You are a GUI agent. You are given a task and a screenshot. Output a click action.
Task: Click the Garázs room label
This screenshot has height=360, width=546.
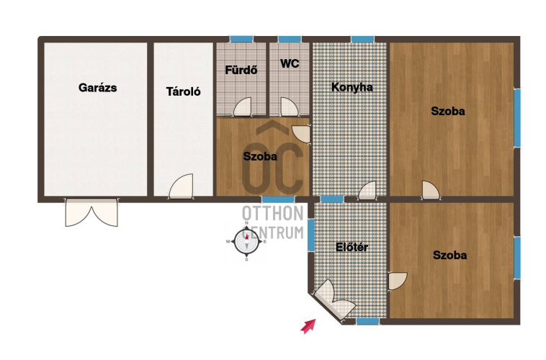[x=97, y=88]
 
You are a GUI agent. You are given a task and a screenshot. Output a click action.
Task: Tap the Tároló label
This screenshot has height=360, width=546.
[x=183, y=91]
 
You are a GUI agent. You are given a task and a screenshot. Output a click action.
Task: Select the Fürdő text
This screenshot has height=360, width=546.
[x=241, y=70]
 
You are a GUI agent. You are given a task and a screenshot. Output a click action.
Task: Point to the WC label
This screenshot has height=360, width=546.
[x=290, y=63]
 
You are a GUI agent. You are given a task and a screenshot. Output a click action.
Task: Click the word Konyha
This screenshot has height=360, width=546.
[x=352, y=87]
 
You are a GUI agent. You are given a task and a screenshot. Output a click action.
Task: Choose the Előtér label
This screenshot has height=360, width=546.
[x=352, y=247]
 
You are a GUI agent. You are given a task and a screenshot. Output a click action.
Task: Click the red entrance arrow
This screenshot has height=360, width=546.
[x=308, y=326]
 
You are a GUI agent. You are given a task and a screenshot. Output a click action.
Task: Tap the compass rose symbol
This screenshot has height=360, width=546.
[x=246, y=241]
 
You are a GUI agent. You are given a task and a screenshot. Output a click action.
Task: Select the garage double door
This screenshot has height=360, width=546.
[x=91, y=212]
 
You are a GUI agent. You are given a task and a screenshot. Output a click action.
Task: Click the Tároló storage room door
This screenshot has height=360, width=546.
[x=181, y=186]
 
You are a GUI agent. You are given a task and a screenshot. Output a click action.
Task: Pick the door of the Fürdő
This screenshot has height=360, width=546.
[x=242, y=107]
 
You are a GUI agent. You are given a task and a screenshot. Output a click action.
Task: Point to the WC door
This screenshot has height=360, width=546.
[x=290, y=107]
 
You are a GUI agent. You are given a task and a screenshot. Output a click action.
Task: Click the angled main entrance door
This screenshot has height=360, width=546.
[x=334, y=299]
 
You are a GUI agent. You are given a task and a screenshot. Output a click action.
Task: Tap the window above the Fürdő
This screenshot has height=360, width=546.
[x=241, y=39]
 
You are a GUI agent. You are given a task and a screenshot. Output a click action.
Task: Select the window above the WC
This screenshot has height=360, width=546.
[x=290, y=39]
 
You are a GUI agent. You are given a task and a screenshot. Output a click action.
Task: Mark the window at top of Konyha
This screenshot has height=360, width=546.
[x=362, y=39]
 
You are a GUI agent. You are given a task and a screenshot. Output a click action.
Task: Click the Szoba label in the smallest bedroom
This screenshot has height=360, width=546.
[x=260, y=156]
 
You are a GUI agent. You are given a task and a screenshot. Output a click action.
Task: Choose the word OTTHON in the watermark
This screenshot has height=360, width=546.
[x=273, y=213]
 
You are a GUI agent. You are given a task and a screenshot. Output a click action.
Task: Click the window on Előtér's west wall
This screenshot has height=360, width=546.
[x=311, y=235]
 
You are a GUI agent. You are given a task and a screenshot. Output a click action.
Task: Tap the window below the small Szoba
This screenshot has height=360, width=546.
[x=278, y=199]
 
